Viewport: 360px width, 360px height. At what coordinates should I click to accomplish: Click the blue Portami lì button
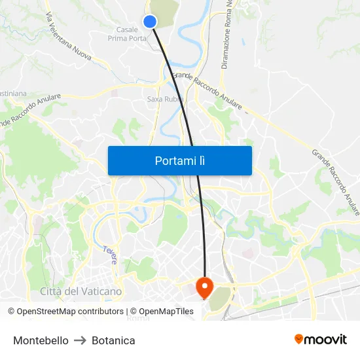(x=179, y=160)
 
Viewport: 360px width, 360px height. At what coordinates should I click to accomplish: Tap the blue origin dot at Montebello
(x=150, y=22)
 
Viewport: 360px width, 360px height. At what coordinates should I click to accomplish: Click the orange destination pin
(x=204, y=286)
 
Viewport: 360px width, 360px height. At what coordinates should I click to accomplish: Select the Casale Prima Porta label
(x=127, y=33)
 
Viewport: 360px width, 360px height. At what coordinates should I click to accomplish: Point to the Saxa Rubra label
(x=164, y=99)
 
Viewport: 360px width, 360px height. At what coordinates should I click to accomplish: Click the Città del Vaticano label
(x=81, y=291)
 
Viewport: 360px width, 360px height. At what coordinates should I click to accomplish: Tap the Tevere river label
(x=109, y=254)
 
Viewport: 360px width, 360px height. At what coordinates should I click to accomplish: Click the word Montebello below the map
(x=41, y=340)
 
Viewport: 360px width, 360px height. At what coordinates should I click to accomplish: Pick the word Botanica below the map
(x=113, y=340)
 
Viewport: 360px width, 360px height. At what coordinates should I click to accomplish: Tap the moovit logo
(x=321, y=339)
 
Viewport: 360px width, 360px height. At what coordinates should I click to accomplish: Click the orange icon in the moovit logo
(x=299, y=339)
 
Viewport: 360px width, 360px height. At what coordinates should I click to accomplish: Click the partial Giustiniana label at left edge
(x=13, y=94)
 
